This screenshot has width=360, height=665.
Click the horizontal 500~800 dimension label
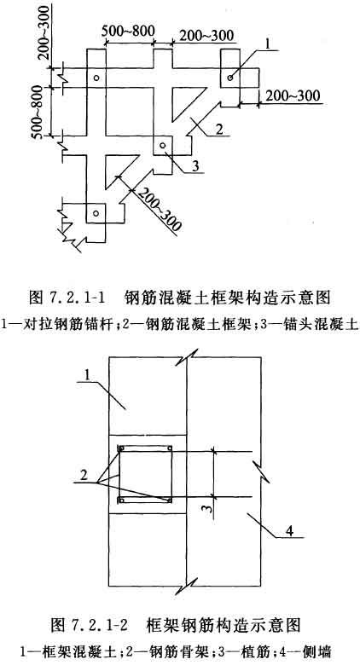128,31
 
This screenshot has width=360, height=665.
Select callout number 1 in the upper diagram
266,43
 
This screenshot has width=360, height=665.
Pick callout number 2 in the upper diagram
218,128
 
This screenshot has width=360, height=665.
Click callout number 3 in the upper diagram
195,166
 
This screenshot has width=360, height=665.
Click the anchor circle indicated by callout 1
230,78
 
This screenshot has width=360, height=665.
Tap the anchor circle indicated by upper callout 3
162,146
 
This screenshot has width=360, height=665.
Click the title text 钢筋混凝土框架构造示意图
228,298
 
